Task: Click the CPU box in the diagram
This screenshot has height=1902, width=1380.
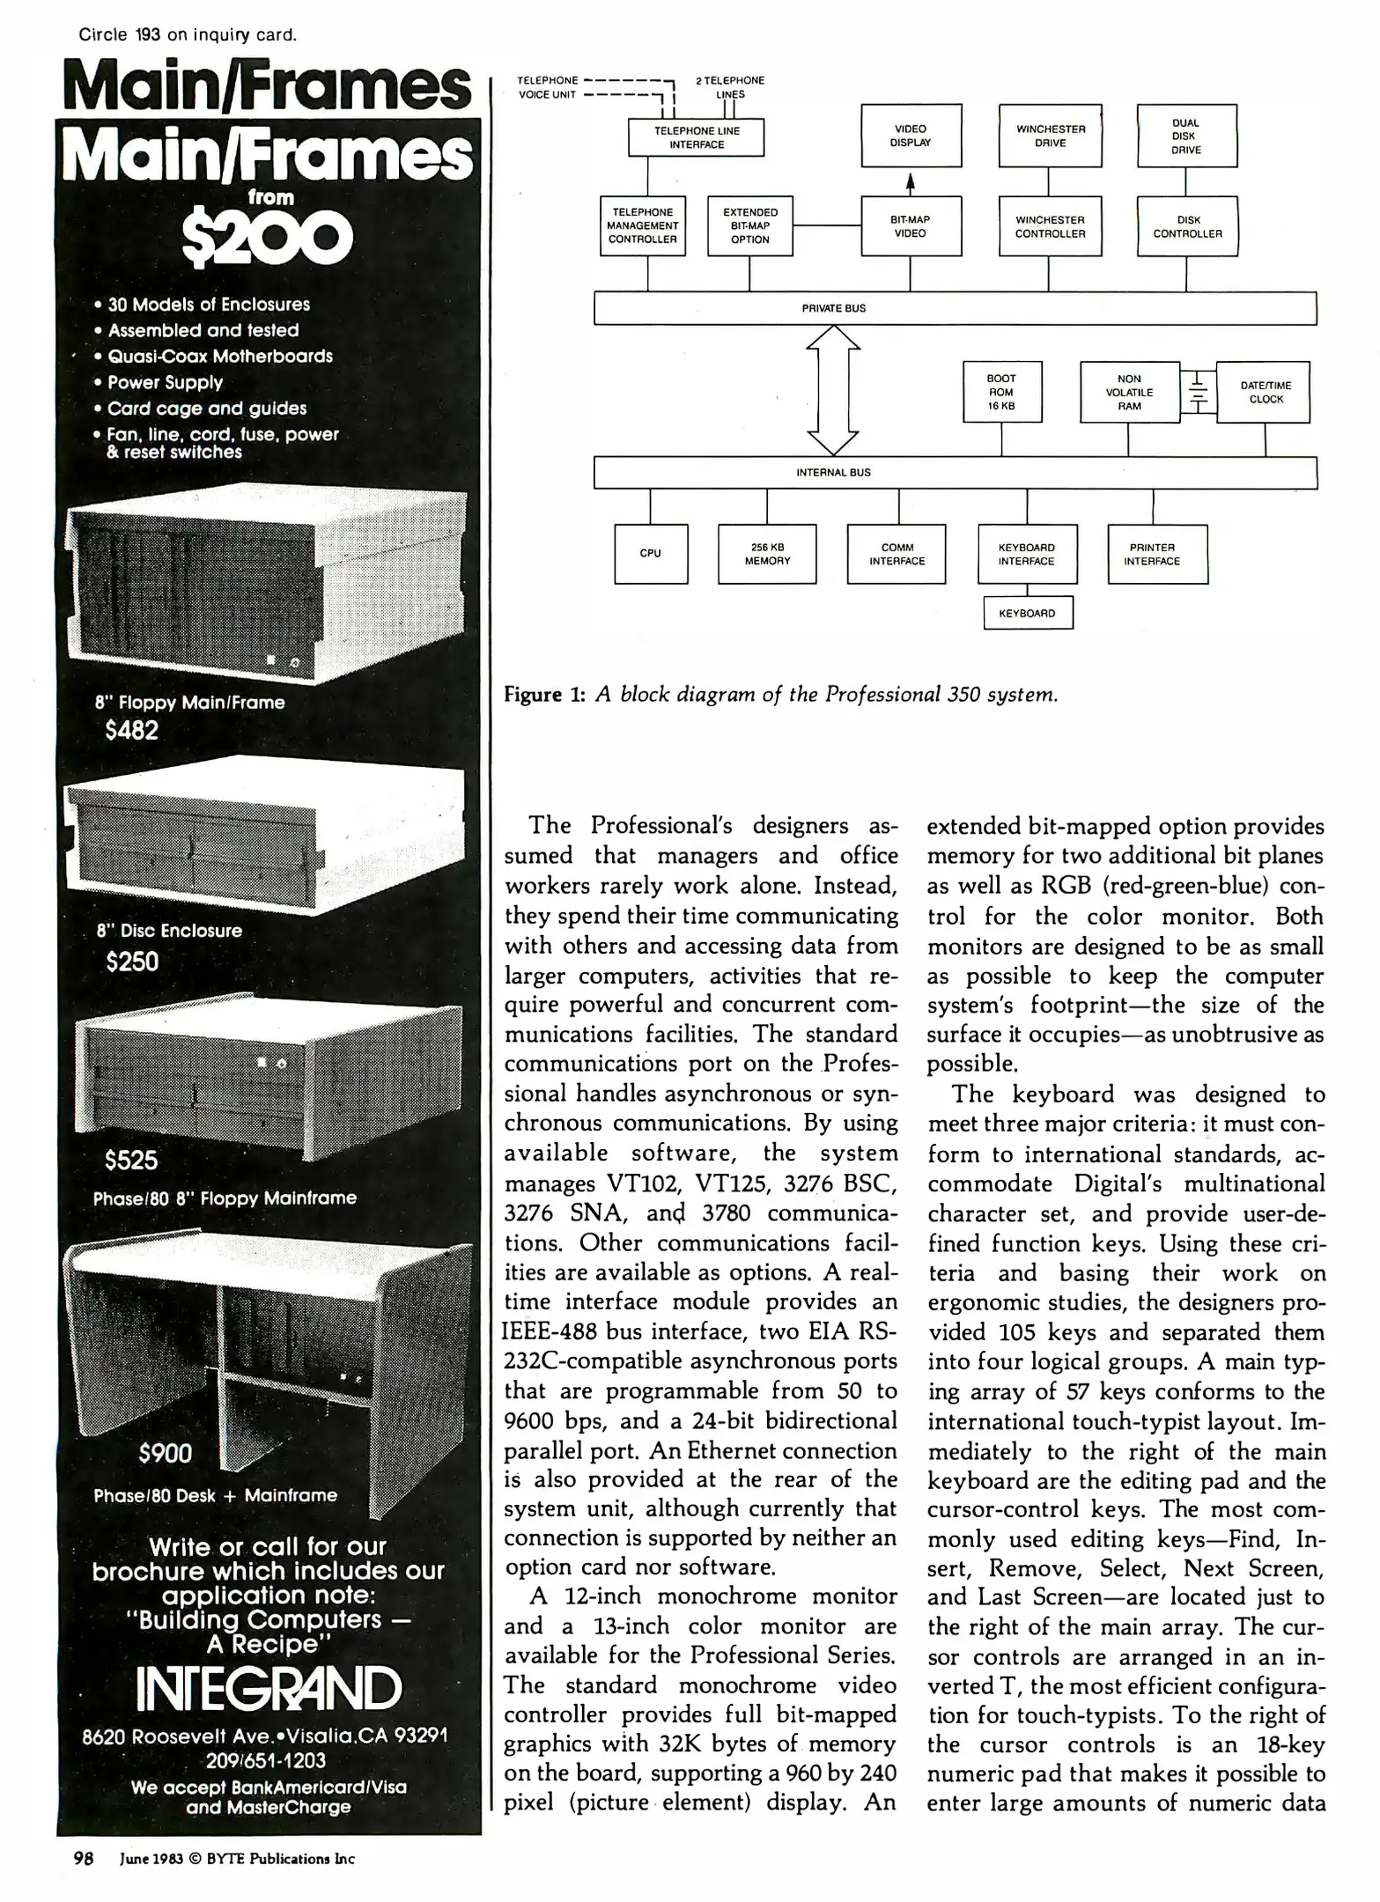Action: (x=650, y=554)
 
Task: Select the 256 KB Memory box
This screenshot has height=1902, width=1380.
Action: (x=767, y=554)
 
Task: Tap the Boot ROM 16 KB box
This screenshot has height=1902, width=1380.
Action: (x=1001, y=393)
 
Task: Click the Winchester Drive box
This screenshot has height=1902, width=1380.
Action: (x=1050, y=136)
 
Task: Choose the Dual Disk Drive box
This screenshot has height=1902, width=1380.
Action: (x=1186, y=136)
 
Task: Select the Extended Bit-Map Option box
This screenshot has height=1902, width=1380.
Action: (x=749, y=226)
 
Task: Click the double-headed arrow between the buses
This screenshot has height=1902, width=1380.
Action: (x=833, y=390)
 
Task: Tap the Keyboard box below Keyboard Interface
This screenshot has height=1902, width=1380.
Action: (x=1027, y=614)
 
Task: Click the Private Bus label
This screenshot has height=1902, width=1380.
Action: (x=833, y=309)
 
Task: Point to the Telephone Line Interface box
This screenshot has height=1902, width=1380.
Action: (x=696, y=137)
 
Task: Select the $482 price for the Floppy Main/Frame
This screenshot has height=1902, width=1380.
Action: (x=131, y=731)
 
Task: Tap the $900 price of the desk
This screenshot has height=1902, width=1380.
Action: (x=165, y=1453)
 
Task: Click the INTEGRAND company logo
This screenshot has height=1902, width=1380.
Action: (x=269, y=1689)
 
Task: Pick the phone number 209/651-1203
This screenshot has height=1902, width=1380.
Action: (x=266, y=1761)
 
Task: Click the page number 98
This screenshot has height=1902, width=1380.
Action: (x=83, y=1859)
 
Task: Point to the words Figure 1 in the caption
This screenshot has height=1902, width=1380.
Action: (x=544, y=695)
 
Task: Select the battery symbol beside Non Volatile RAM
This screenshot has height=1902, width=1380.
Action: (x=1197, y=392)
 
